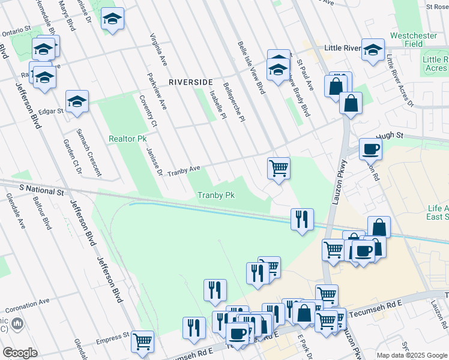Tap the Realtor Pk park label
click(127, 139)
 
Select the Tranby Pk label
click(215, 195)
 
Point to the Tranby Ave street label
click(184, 170)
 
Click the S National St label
click(41, 189)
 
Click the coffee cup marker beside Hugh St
click(370, 149)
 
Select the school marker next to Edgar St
click(77, 102)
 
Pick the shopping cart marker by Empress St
click(143, 342)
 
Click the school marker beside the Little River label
click(373, 51)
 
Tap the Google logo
click(20, 353)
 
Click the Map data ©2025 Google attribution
click(411, 355)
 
